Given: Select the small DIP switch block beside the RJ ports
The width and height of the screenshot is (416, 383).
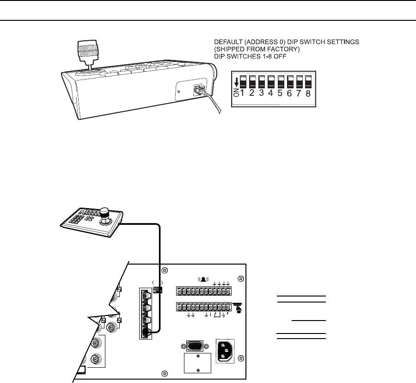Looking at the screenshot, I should pyautogui.click(x=158, y=290).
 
